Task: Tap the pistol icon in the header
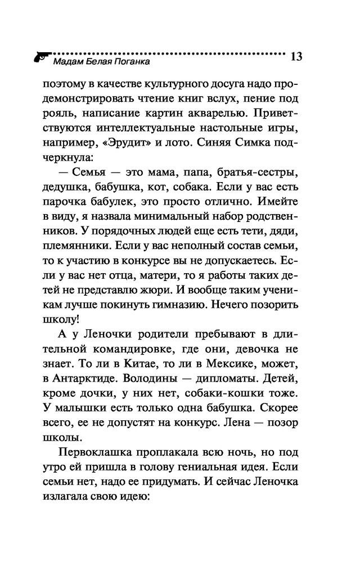coord(40,57)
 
